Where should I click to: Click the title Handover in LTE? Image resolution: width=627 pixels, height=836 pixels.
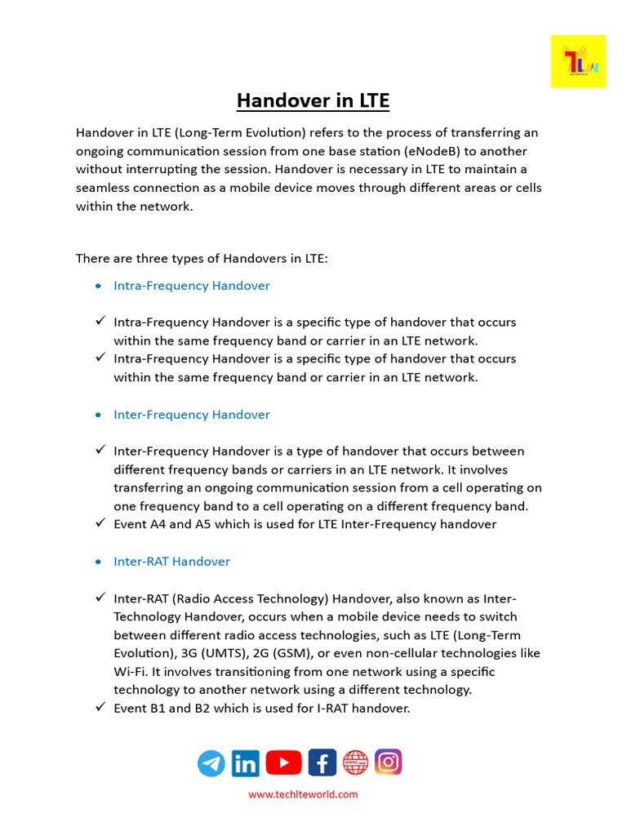pyautogui.click(x=313, y=100)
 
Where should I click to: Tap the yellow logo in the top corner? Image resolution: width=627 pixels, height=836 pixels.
pyautogui.click(x=578, y=61)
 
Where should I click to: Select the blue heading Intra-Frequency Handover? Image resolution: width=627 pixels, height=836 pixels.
pyautogui.click(x=191, y=286)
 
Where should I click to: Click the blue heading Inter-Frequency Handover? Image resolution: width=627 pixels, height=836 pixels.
pyautogui.click(x=191, y=415)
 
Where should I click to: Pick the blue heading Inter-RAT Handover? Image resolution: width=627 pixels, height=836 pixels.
pyautogui.click(x=171, y=562)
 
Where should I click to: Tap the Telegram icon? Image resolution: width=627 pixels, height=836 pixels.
pyautogui.click(x=211, y=763)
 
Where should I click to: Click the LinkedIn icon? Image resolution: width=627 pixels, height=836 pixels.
pyautogui.click(x=246, y=763)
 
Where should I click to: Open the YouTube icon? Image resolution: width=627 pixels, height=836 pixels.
pyautogui.click(x=283, y=763)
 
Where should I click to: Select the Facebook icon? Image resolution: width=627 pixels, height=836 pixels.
pyautogui.click(x=322, y=763)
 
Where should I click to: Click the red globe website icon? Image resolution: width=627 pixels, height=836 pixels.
pyautogui.click(x=355, y=763)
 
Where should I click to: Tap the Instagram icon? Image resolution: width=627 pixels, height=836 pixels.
pyautogui.click(x=389, y=762)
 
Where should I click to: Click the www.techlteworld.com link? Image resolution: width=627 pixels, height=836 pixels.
pyautogui.click(x=303, y=794)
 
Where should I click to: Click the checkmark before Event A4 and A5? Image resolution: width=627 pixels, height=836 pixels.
pyautogui.click(x=100, y=523)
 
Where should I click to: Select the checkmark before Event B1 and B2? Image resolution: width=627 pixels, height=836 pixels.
pyautogui.click(x=100, y=707)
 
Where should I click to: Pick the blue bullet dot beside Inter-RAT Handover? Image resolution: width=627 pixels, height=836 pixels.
pyautogui.click(x=98, y=563)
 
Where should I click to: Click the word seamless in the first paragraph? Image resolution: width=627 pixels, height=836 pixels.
pyautogui.click(x=104, y=188)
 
